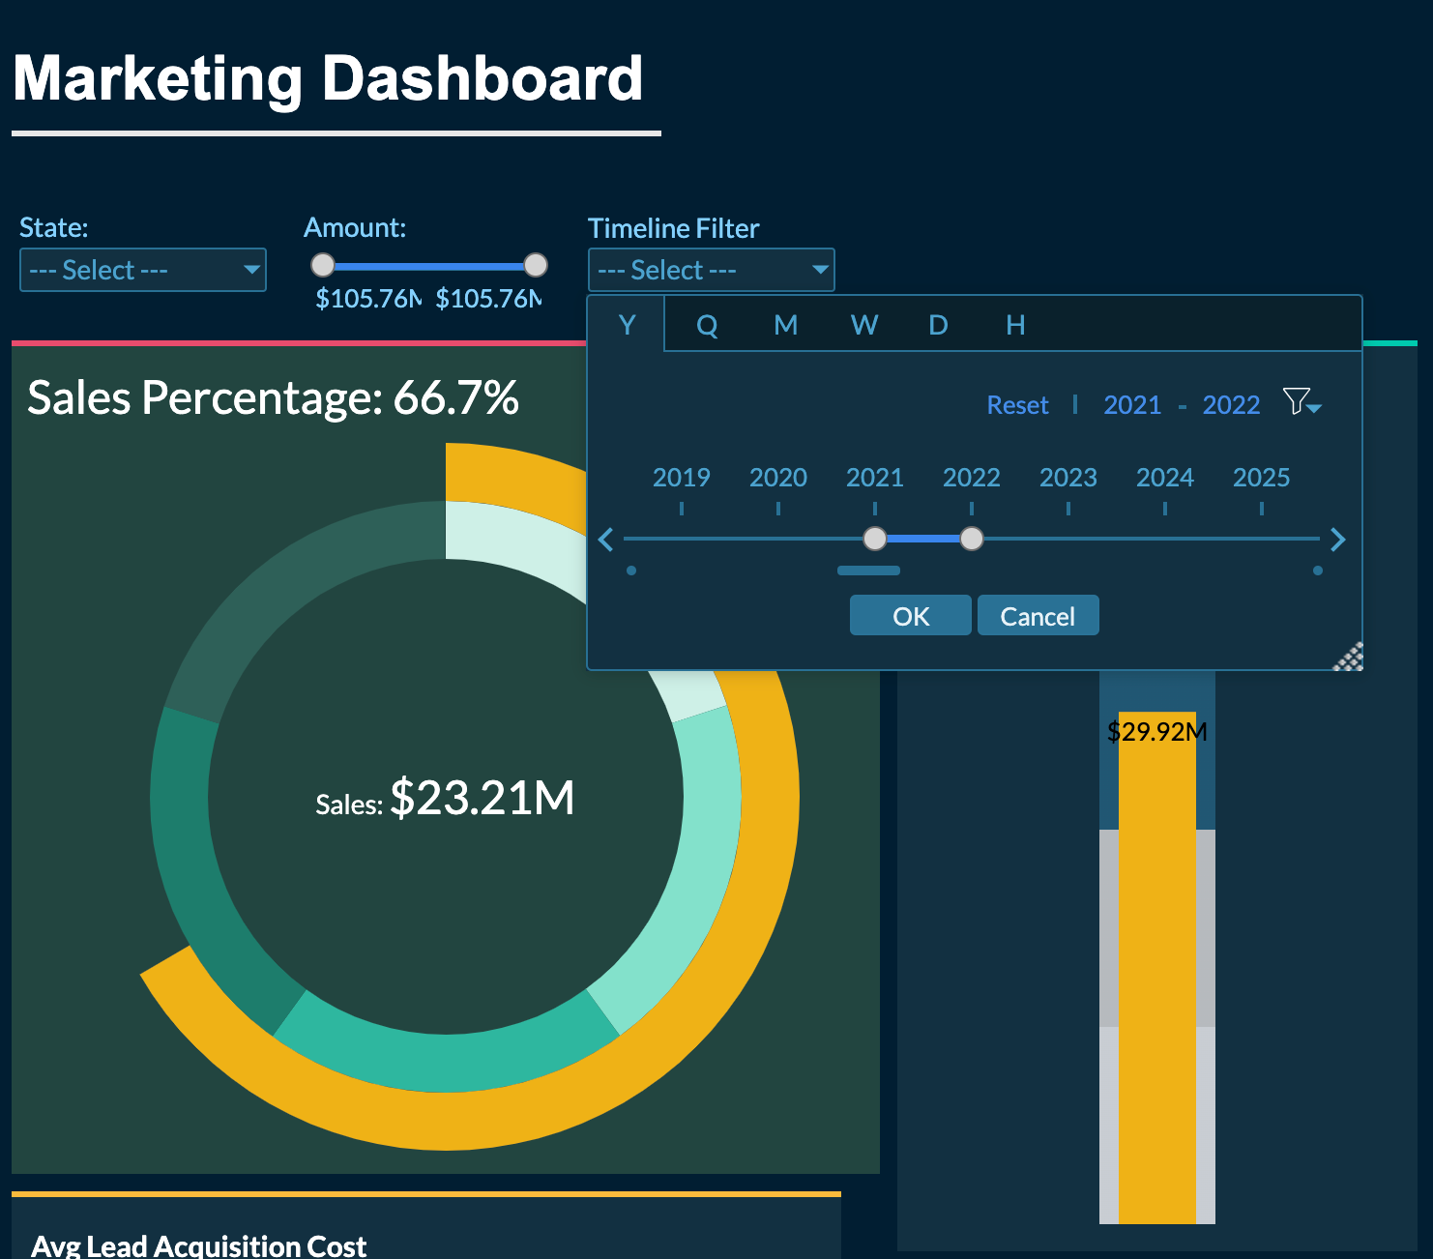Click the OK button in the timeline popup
(x=910, y=616)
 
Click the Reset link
(x=1017, y=405)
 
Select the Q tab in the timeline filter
(x=707, y=325)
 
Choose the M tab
(x=785, y=325)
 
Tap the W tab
(x=864, y=325)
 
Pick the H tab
(x=1015, y=325)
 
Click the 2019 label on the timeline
(x=681, y=478)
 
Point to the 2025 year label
(x=1261, y=478)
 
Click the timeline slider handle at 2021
(x=874, y=539)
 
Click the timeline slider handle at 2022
(x=972, y=539)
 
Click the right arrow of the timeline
(x=1338, y=540)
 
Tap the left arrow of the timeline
(x=606, y=540)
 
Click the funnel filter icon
(x=1301, y=401)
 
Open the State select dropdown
(x=142, y=270)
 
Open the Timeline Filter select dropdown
(x=711, y=270)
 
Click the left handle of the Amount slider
(x=323, y=265)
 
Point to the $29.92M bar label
(x=1156, y=731)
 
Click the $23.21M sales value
(x=482, y=799)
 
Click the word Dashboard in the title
(x=482, y=78)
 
